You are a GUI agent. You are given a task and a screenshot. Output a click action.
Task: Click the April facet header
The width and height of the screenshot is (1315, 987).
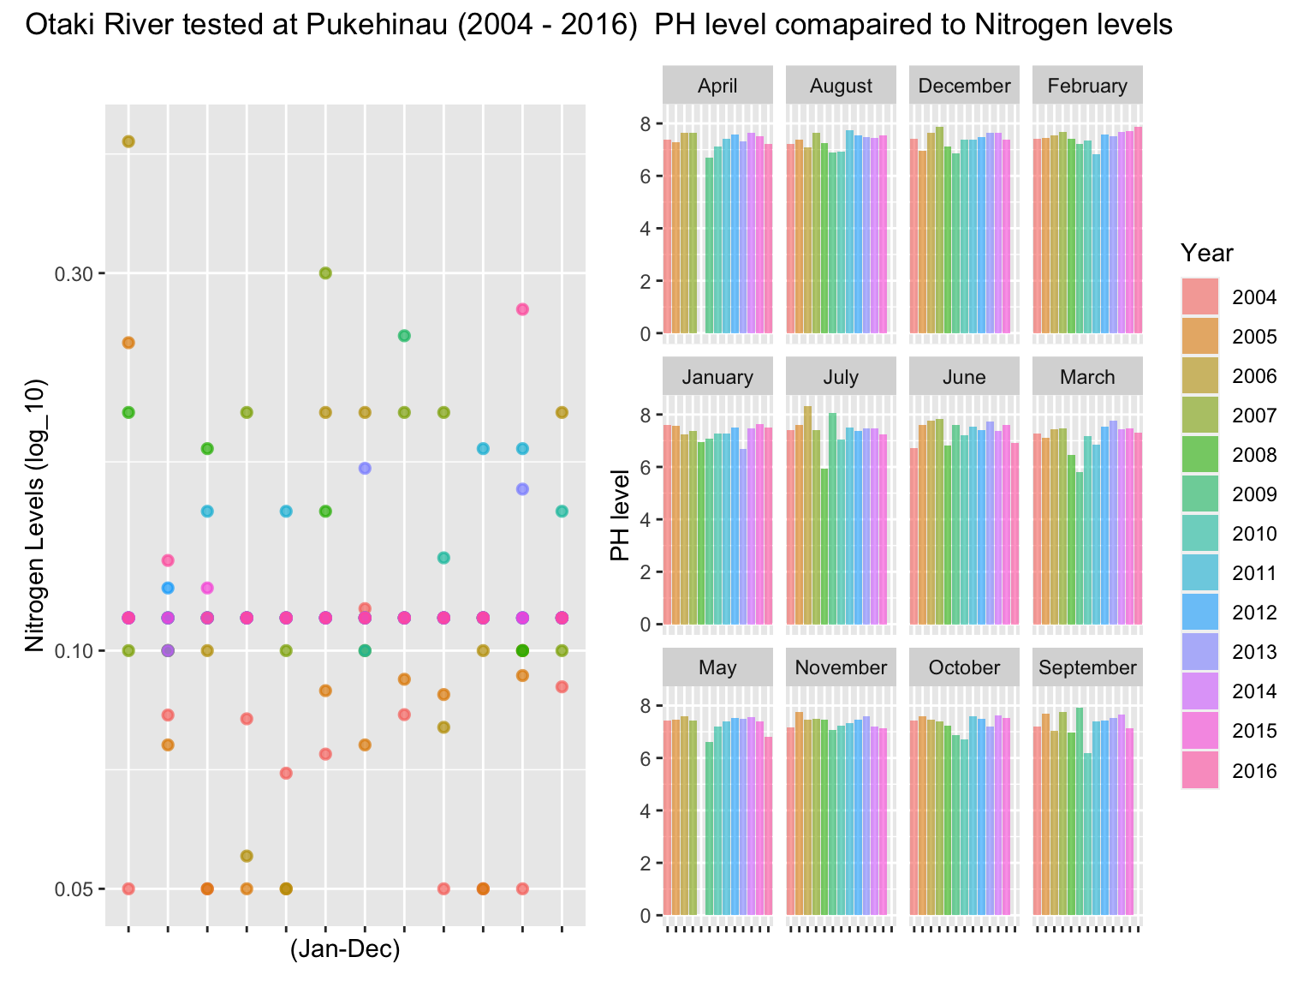tap(717, 86)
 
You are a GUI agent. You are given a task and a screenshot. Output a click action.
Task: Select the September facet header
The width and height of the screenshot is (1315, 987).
tap(1087, 667)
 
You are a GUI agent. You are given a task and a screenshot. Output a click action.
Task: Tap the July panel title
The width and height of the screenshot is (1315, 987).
tap(841, 377)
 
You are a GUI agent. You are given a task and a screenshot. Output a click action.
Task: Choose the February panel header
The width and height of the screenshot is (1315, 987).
tap(1087, 86)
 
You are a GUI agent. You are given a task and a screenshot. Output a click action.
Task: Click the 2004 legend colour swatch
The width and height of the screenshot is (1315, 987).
tap(1199, 297)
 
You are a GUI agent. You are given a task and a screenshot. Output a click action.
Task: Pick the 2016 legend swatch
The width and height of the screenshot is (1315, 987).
tap(1199, 770)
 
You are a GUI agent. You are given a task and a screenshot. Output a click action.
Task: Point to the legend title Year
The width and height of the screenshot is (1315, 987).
tap(1206, 253)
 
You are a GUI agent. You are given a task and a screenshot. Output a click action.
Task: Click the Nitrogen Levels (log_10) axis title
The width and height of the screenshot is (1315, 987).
tap(34, 516)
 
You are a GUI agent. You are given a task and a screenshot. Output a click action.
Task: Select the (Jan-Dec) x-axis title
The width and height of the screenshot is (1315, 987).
tap(345, 950)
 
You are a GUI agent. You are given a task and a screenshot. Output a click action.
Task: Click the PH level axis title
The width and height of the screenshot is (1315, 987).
tap(620, 515)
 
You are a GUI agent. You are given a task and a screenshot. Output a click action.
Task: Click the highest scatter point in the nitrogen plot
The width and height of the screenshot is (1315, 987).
tap(128, 141)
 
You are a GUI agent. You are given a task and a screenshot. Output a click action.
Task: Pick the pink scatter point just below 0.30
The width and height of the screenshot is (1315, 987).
tap(522, 309)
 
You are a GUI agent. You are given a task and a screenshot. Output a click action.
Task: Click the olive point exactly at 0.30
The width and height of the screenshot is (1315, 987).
tap(325, 273)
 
